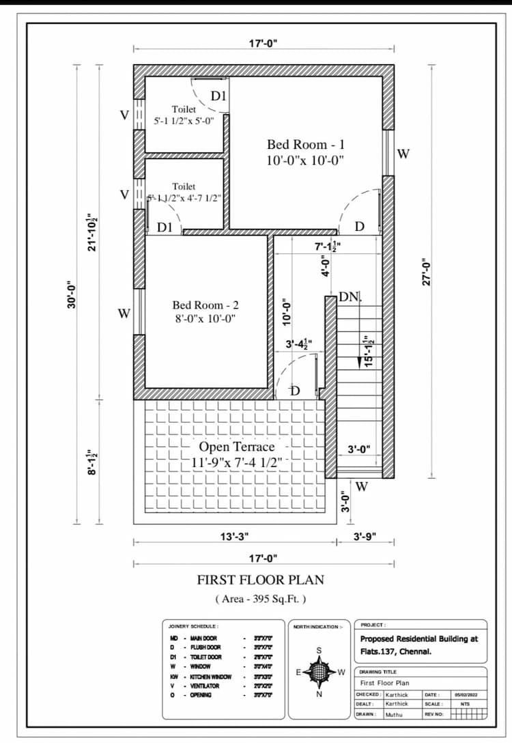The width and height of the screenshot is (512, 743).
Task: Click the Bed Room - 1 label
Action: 305,145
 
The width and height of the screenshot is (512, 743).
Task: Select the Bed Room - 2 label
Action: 205,305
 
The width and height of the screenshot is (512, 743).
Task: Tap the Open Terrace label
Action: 236,447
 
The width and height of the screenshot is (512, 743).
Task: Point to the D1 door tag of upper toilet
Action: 218,96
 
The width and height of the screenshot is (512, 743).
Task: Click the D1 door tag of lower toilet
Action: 165,227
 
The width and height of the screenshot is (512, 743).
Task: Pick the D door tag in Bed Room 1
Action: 359,227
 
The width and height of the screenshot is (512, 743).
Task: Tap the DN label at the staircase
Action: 349,296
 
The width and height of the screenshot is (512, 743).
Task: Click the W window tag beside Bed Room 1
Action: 403,154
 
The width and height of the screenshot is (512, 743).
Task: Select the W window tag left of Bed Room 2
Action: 124,314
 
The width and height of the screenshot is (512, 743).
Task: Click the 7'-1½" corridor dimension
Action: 327,246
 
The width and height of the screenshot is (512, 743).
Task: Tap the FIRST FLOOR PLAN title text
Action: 260,580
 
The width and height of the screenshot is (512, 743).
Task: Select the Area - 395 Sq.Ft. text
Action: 260,599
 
